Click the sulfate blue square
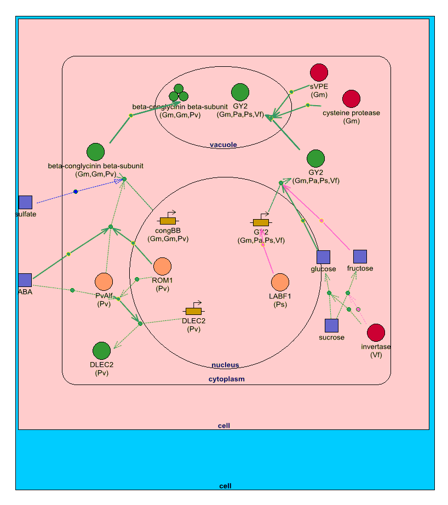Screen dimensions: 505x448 (25, 202)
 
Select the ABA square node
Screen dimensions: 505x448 (25, 280)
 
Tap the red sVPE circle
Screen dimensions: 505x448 (319, 72)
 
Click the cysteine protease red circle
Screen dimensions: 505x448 (352, 99)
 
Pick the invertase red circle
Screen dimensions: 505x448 (376, 332)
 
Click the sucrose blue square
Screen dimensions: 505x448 (331, 325)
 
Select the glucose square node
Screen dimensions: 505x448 (324, 257)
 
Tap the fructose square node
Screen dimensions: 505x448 (360, 256)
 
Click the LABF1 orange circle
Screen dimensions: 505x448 (280, 283)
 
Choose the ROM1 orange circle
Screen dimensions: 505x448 (163, 267)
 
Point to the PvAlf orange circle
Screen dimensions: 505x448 (104, 282)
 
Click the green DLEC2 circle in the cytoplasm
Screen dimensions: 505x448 (101, 351)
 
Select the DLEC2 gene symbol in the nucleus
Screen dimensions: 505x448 (194, 311)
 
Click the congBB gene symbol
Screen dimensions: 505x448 (168, 220)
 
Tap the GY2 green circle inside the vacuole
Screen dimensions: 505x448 (240, 93)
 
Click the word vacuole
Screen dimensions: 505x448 (223, 145)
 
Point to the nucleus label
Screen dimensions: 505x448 (225, 365)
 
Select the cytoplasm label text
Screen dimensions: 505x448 (226, 378)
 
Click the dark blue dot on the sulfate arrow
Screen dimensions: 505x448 (76, 191)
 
